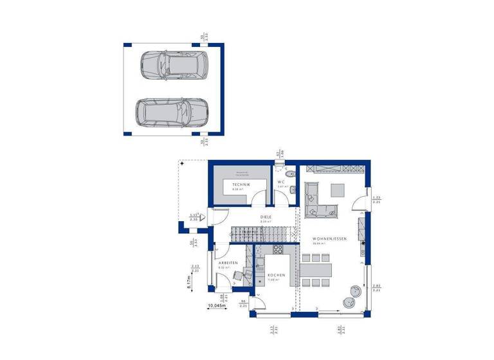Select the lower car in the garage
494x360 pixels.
170,112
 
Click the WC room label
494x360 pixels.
281,183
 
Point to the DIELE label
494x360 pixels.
266,217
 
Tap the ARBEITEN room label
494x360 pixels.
228,264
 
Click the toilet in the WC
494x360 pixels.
288,173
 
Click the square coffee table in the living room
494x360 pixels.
338,190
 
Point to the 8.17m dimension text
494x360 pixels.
188,282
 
